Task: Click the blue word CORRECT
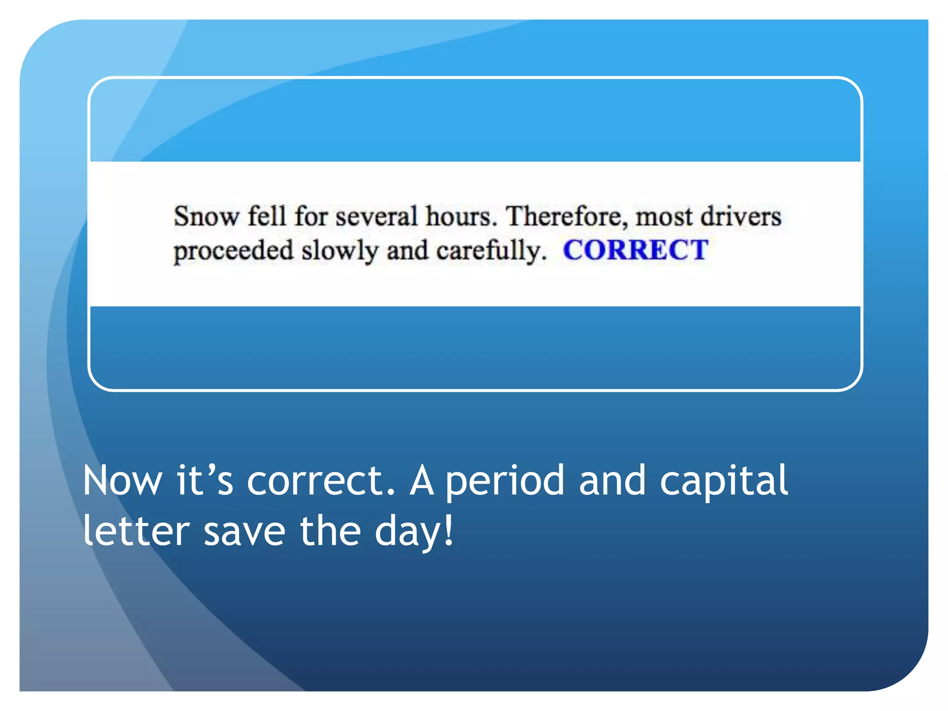click(635, 250)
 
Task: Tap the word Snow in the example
click(206, 217)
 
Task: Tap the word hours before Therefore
click(461, 217)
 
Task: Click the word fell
click(266, 217)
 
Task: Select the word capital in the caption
click(723, 481)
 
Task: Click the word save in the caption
click(244, 531)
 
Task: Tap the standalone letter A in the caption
click(422, 481)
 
